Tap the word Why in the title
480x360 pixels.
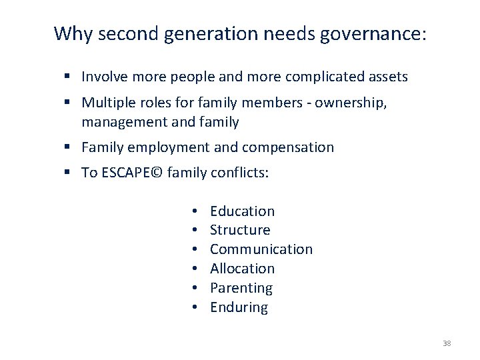[x=70, y=33]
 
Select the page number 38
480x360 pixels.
[x=447, y=343]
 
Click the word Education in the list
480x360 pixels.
[x=242, y=211]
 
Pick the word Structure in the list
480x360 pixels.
[x=240, y=230]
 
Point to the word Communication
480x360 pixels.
[x=261, y=249]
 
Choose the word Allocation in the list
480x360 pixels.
[x=242, y=269]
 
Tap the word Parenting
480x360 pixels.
[x=241, y=288]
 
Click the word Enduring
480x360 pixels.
[x=239, y=307]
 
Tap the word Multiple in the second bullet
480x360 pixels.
[x=105, y=103]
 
